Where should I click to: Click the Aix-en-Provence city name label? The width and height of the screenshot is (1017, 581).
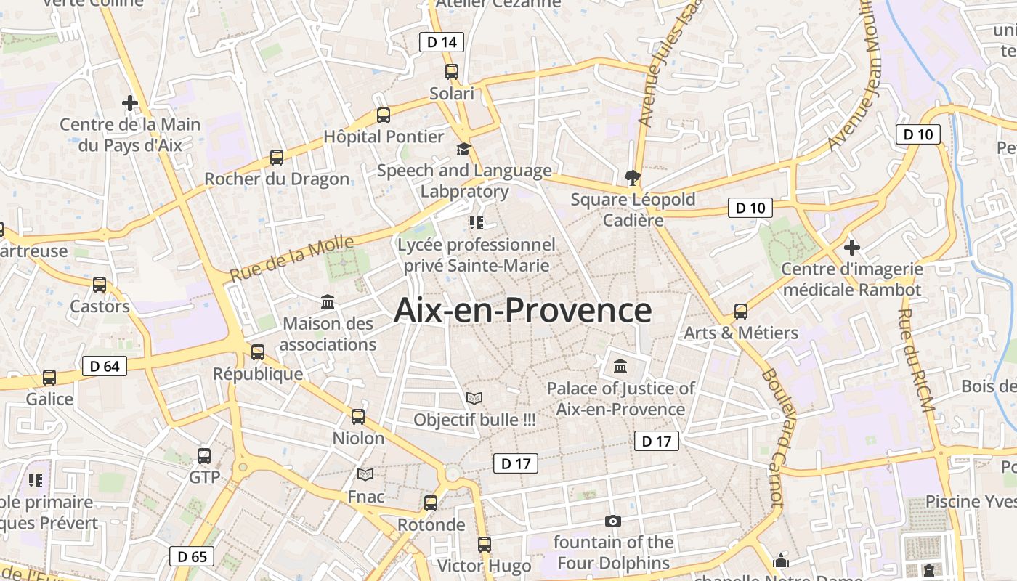[x=522, y=311]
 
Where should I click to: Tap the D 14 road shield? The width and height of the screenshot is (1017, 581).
[x=442, y=42]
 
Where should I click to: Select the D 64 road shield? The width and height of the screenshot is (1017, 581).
[x=105, y=366]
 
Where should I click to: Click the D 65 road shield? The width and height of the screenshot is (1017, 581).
[x=192, y=557]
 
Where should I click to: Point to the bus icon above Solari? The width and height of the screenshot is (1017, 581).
[x=452, y=71]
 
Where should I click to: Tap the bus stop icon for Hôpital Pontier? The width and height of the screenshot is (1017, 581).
[x=384, y=115]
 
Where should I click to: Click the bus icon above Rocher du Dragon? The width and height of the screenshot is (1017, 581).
[x=277, y=157]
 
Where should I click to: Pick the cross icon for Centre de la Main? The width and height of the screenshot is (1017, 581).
[x=130, y=103]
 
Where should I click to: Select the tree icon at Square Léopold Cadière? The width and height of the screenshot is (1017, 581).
[x=633, y=177]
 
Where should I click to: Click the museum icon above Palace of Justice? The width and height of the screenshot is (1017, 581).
[x=620, y=366]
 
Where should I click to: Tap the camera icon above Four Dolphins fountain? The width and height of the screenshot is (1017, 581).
[x=613, y=521]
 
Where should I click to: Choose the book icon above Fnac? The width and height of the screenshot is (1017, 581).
[x=365, y=474]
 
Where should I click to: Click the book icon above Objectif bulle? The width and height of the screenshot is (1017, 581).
[x=474, y=398]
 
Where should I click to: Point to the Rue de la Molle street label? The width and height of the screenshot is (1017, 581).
[x=292, y=259]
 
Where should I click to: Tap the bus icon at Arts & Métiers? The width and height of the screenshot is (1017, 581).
[x=741, y=311]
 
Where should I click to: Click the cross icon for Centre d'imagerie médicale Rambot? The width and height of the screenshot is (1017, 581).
[x=852, y=248]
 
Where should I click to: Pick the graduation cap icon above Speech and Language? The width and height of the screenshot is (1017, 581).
[x=463, y=149]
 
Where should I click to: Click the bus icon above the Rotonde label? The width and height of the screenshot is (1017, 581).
[x=431, y=503]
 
